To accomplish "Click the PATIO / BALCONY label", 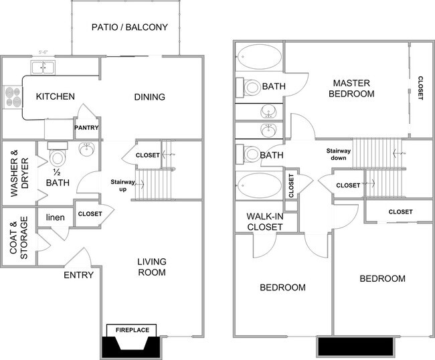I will (x=129, y=27).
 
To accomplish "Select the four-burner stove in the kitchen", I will (x=12, y=97).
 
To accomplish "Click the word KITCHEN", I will (x=55, y=96).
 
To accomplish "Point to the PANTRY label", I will (x=87, y=128).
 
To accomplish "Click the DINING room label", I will (x=149, y=97).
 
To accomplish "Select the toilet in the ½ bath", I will (x=58, y=158).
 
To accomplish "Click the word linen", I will (x=55, y=217).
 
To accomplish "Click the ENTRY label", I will (x=78, y=275).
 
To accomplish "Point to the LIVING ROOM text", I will (x=151, y=267).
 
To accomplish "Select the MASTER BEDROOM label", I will (x=353, y=88).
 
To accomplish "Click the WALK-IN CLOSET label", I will (x=264, y=221).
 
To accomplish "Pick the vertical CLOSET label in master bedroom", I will (x=420, y=87).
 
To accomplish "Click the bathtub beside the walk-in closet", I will (x=258, y=185).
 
